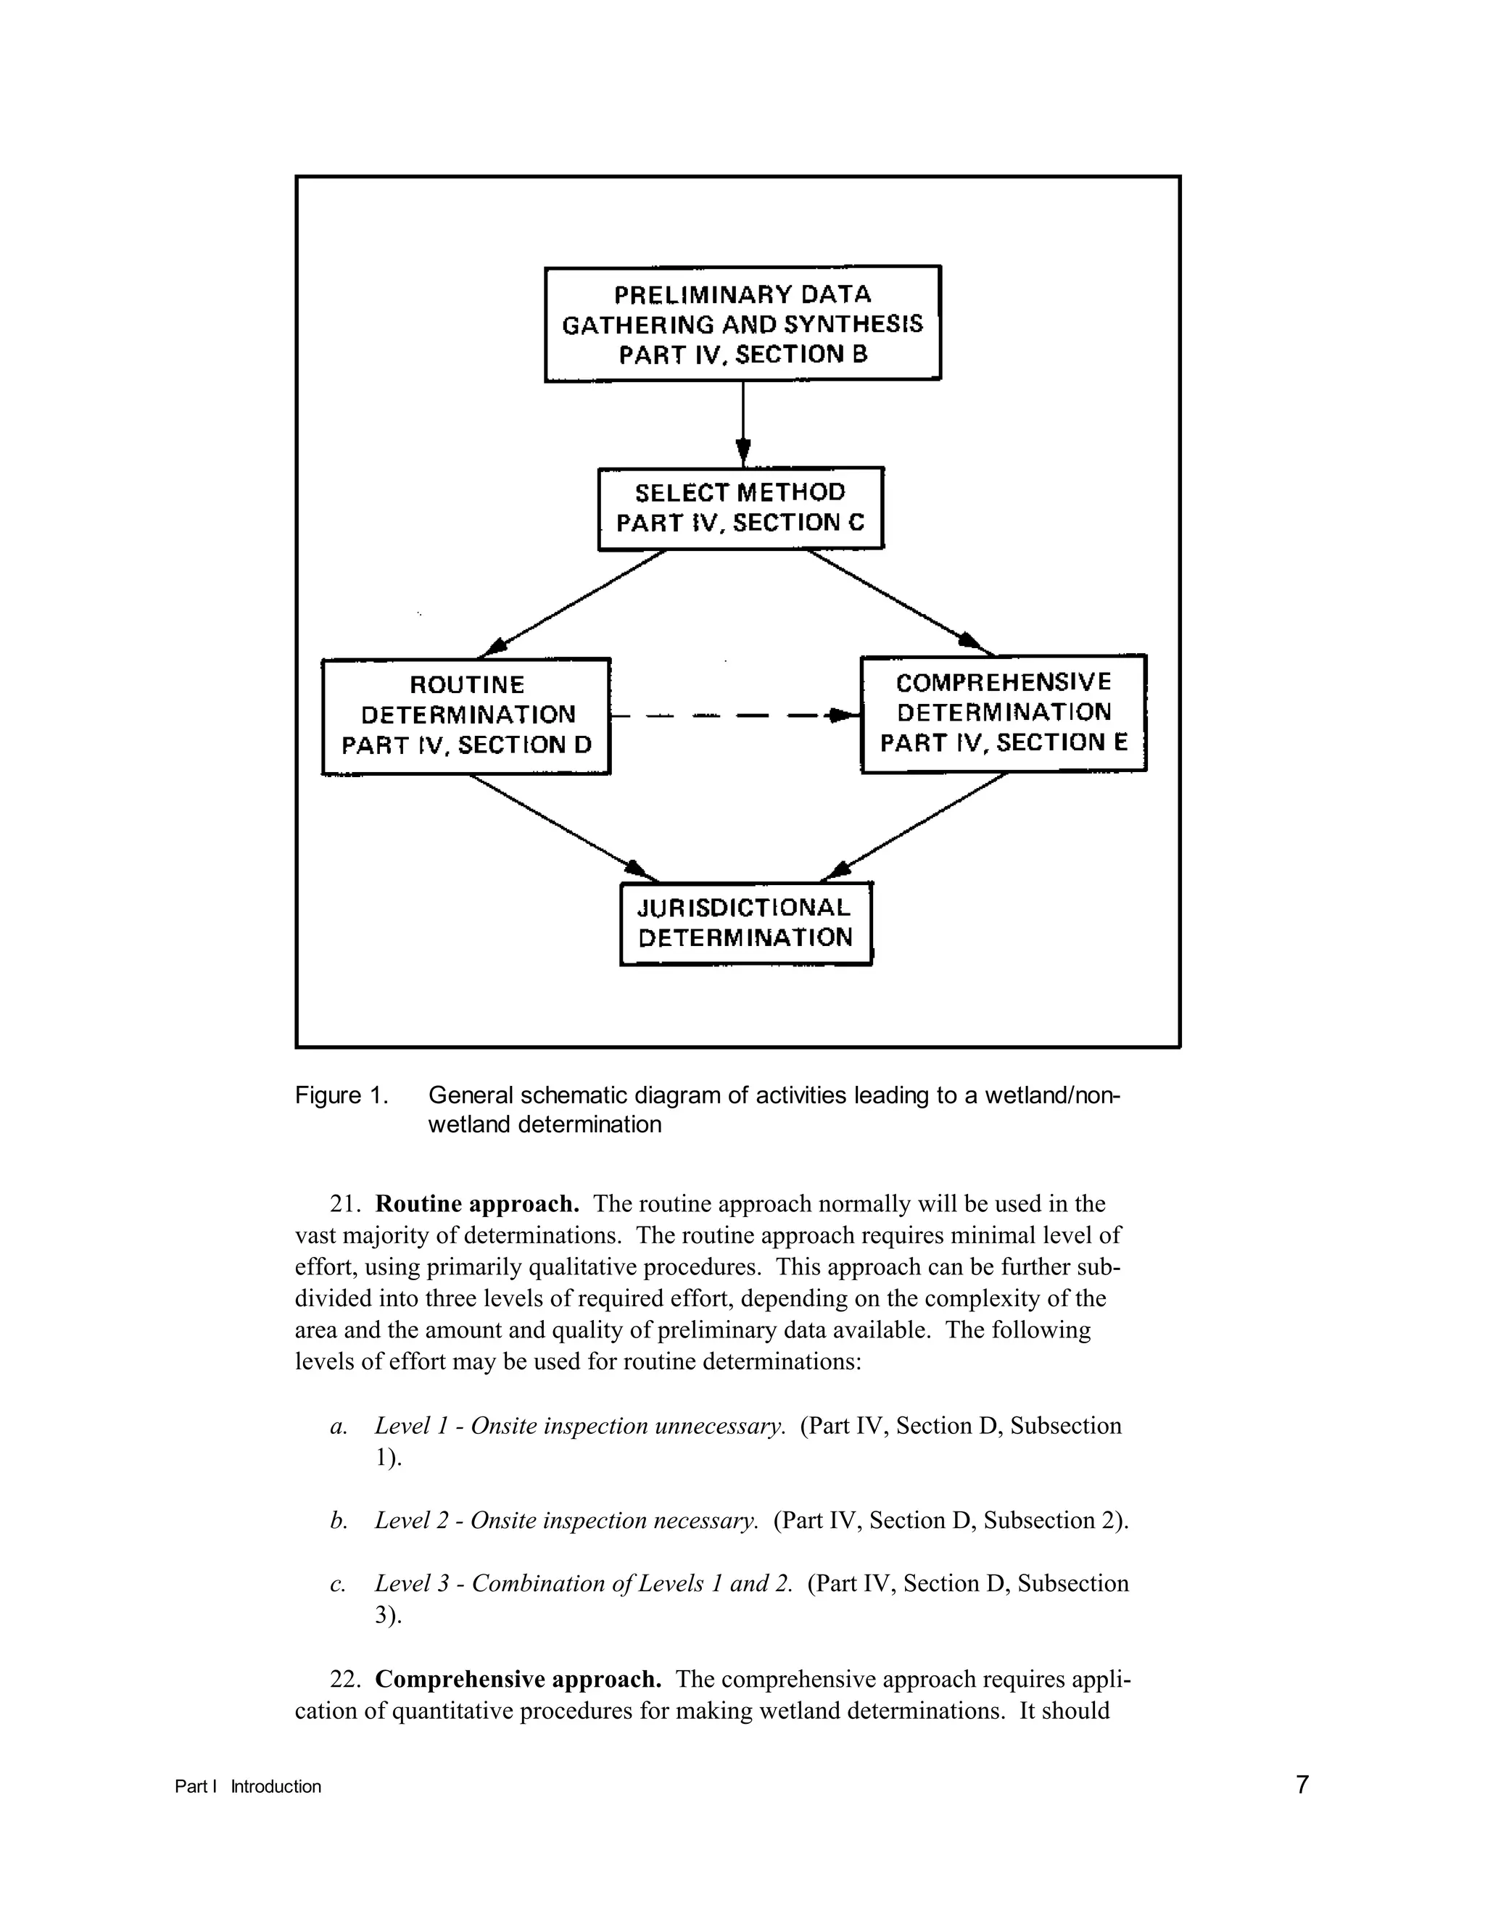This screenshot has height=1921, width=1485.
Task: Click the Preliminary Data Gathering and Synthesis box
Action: [x=742, y=324]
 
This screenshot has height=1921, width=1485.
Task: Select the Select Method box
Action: [x=741, y=508]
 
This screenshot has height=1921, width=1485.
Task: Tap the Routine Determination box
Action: [x=466, y=715]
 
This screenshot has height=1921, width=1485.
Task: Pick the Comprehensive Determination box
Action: [x=1003, y=713]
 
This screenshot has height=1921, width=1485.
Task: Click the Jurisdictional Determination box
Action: [x=745, y=923]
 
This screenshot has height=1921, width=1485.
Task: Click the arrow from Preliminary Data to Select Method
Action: [x=743, y=422]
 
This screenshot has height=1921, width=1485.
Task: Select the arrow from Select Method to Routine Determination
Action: [x=572, y=603]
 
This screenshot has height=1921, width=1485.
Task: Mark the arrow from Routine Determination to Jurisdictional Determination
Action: [x=563, y=828]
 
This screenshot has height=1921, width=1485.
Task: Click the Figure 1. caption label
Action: [x=342, y=1096]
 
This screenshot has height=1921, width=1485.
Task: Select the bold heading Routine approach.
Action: [x=477, y=1203]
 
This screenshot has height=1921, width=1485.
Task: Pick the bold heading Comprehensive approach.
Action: [x=518, y=1679]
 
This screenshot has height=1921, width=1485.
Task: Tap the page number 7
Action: [x=1302, y=1785]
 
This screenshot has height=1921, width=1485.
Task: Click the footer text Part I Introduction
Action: [x=248, y=1786]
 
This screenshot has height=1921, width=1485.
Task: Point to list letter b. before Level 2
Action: [x=339, y=1521]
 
